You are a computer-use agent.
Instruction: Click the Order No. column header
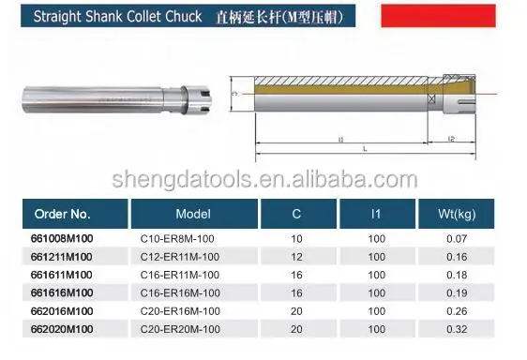(x=63, y=214)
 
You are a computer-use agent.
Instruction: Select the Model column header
(x=193, y=214)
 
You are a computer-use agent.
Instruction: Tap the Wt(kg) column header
(x=457, y=214)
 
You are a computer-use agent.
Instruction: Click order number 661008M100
(x=62, y=239)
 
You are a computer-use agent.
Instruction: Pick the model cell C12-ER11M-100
(x=180, y=257)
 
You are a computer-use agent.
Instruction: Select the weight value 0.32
(x=457, y=329)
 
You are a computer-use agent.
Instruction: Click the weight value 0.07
(x=457, y=239)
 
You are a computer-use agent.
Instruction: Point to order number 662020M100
(x=62, y=329)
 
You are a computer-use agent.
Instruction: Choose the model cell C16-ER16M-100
(x=180, y=292)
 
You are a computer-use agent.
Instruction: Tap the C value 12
(x=296, y=257)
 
